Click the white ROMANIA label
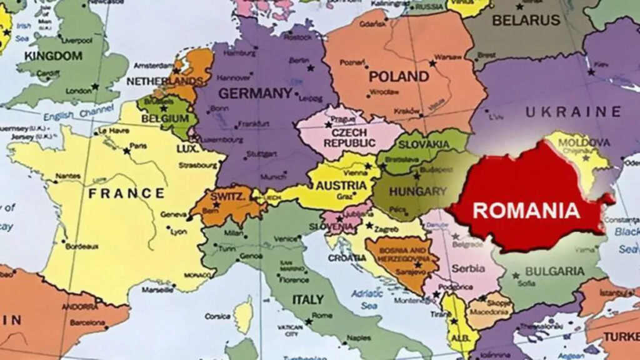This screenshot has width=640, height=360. point(526,209)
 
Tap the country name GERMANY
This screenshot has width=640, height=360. point(254,94)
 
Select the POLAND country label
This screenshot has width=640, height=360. point(399,77)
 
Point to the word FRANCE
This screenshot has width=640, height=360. point(126,193)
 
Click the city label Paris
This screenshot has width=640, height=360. point(139,146)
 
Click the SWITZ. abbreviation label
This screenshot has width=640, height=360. point(227,196)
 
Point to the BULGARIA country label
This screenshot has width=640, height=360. point(554,271)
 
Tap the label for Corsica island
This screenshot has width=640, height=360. point(218,316)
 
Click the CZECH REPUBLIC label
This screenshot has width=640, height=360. point(346,137)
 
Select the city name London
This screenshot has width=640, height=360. point(79,91)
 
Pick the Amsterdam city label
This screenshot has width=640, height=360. point(148,65)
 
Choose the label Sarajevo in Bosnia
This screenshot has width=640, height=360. point(401,272)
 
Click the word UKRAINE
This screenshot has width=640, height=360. point(573,112)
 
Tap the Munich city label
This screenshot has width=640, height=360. point(272,177)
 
